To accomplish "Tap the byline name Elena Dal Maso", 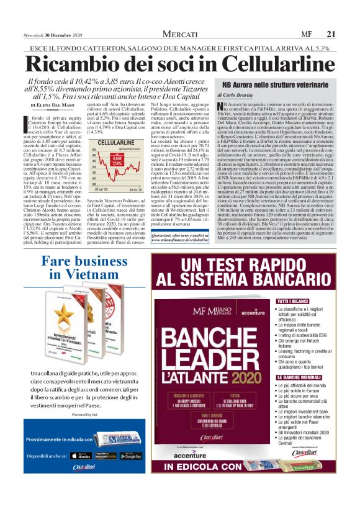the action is coord(53,106).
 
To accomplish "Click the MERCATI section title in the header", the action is coord(180,34).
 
